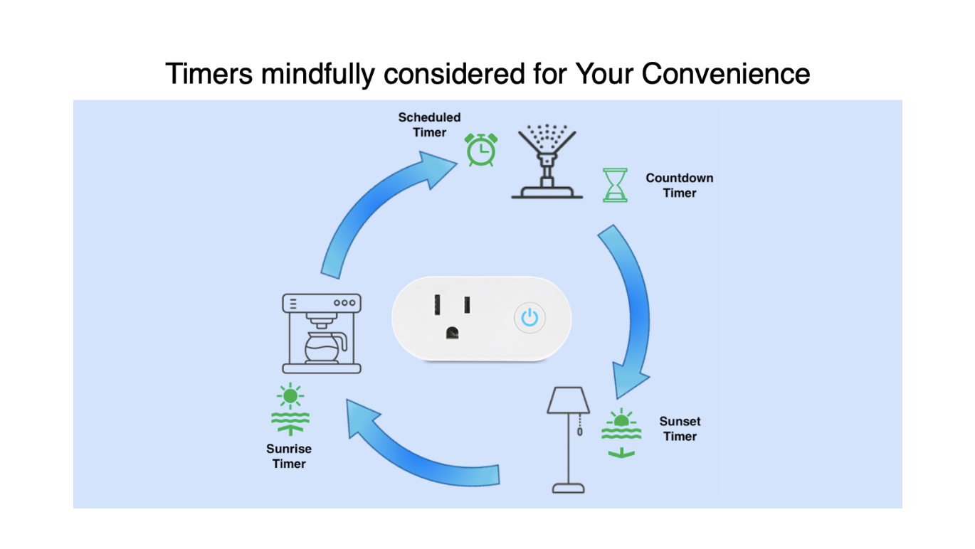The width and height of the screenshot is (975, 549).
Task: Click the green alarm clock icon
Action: pyautogui.click(x=481, y=149)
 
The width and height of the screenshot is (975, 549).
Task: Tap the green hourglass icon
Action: pyautogui.click(x=615, y=186)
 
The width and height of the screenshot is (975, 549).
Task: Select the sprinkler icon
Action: pyautogui.click(x=547, y=162)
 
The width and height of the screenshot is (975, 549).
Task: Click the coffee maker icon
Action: pyautogui.click(x=322, y=334)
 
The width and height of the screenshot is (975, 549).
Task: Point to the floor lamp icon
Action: pyautogui.click(x=569, y=439)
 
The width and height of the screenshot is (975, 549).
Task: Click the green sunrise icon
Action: pyautogui.click(x=290, y=410)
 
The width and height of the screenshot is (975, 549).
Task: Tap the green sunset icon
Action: pyautogui.click(x=621, y=433)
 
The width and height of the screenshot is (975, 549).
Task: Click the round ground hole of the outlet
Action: pyautogui.click(x=452, y=334)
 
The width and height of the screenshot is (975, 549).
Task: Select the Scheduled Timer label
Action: pyautogui.click(x=429, y=125)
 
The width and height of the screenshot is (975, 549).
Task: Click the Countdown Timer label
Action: pyautogui.click(x=680, y=186)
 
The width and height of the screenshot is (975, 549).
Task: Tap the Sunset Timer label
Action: pyautogui.click(x=680, y=429)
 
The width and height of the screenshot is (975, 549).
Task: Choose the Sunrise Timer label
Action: pyautogui.click(x=289, y=456)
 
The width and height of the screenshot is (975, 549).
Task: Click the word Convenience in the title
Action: pyautogui.click(x=726, y=73)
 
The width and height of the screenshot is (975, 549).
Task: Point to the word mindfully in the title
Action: pyautogui.click(x=318, y=75)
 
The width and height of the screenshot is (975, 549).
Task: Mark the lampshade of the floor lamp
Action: pyautogui.click(x=569, y=400)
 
